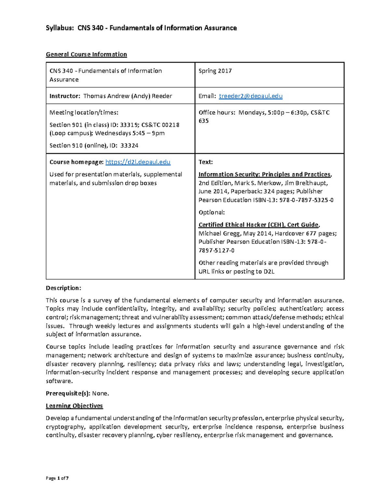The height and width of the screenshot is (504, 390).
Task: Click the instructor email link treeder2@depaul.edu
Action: click(251, 96)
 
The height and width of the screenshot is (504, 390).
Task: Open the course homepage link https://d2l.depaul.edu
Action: click(138, 162)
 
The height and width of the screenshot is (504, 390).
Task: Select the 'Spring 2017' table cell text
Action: click(215, 71)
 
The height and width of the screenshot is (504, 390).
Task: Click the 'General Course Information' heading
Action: click(86, 54)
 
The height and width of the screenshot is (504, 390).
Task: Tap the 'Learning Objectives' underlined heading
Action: click(74, 406)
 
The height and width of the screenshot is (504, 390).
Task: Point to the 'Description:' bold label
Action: click(63, 288)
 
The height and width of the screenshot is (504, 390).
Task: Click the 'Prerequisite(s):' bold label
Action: click(68, 393)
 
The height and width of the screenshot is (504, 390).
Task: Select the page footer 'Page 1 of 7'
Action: click(57, 478)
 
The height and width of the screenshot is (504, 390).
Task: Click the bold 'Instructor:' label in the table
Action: click(65, 96)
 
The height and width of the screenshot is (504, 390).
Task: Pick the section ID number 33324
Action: click(129, 145)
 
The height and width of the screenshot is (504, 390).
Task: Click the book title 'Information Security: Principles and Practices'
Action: click(264, 174)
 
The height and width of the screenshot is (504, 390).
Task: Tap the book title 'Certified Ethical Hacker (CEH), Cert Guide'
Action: click(258, 225)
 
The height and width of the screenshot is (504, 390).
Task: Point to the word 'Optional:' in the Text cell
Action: click(212, 212)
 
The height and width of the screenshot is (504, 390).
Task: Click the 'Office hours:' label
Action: click(217, 113)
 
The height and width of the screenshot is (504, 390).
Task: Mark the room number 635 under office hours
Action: click(203, 121)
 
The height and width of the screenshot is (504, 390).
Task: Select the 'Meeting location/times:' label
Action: click(84, 113)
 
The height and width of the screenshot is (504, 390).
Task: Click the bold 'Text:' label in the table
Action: click(205, 162)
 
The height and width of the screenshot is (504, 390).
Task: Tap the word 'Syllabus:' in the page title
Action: click(60, 28)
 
